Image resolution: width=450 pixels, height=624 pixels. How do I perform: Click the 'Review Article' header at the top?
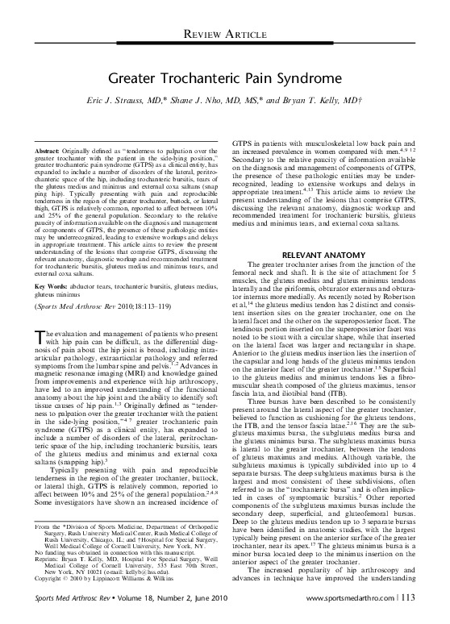(226, 32)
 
